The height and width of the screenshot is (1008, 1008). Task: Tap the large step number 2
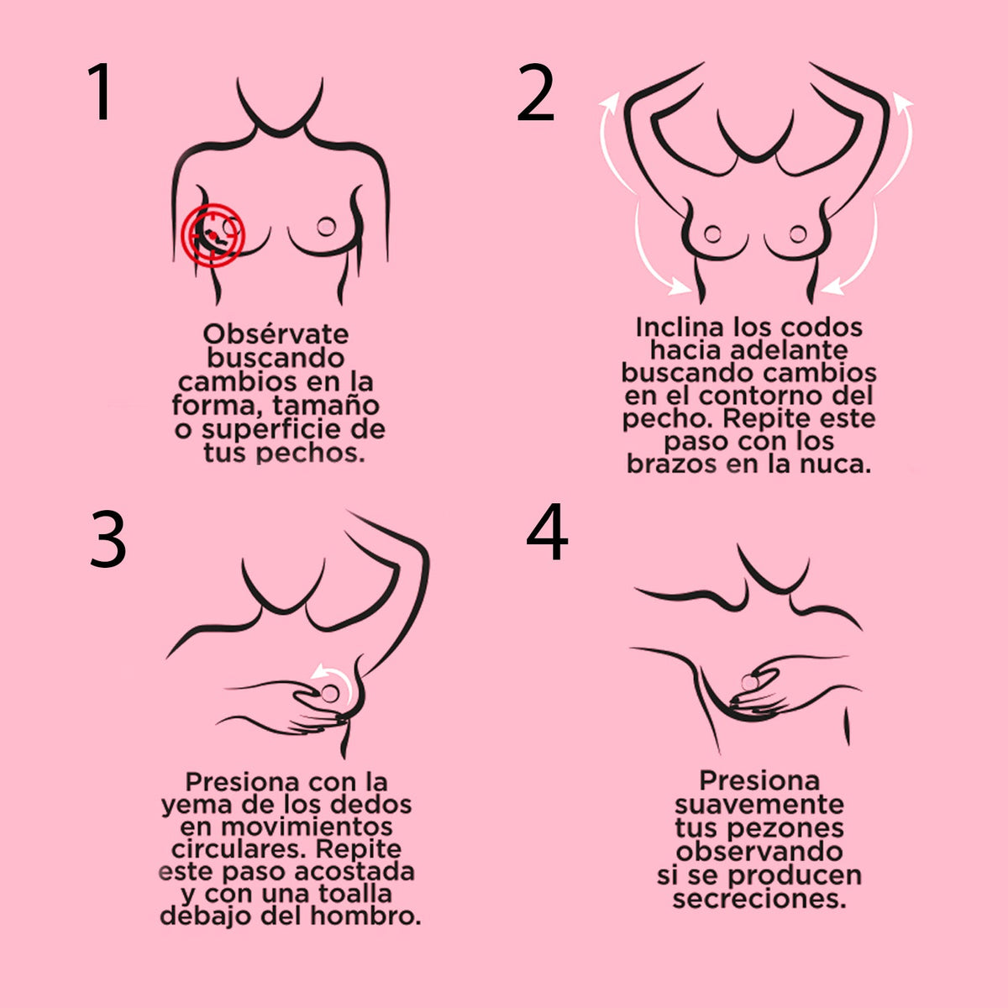[x=535, y=92]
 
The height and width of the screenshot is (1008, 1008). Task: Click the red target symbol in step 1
[x=213, y=235]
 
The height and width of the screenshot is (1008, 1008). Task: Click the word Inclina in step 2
[x=680, y=328]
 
